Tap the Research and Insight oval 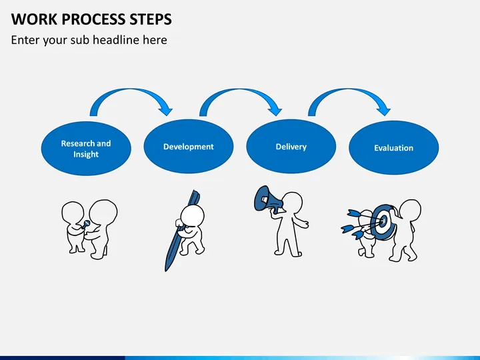tap(86, 148)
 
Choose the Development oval tap(189, 147)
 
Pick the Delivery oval tap(291, 147)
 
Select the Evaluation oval tap(393, 148)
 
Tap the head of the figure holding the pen tap(193, 215)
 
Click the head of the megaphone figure tap(291, 202)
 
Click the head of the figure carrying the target tap(409, 209)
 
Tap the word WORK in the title tap(31, 18)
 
